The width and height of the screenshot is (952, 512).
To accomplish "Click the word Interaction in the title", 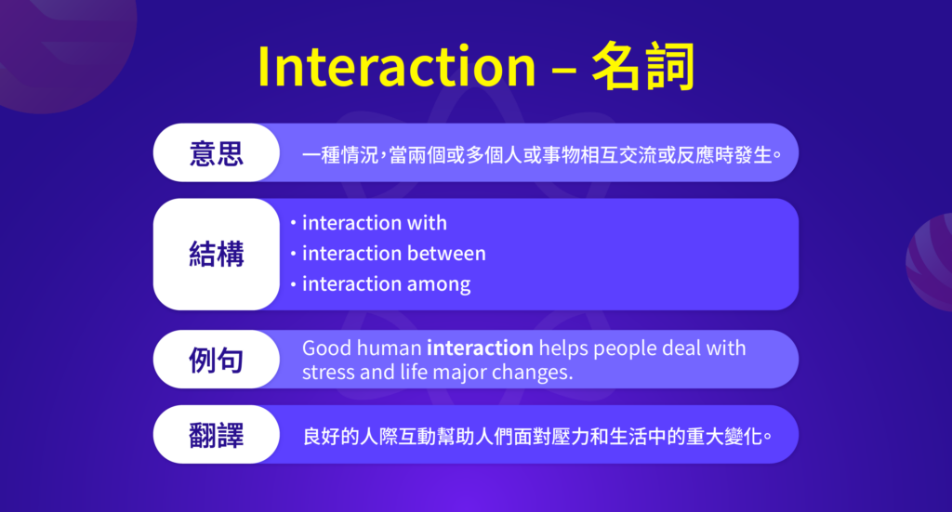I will (x=396, y=67).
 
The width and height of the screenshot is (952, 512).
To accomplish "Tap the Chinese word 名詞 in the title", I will (x=642, y=67).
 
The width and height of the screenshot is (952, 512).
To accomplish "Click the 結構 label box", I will (x=216, y=254).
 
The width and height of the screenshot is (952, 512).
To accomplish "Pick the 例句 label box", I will (x=216, y=360).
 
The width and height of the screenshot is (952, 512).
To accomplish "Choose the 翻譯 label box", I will (x=216, y=435).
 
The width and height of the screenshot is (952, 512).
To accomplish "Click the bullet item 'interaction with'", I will (x=374, y=223).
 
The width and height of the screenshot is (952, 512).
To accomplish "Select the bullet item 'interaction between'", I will (x=393, y=253).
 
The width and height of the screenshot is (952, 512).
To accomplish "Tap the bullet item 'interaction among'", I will (x=386, y=283).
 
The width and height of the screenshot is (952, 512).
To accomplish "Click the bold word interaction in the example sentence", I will (x=480, y=348).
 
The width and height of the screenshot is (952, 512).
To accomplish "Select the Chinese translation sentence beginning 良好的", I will (x=538, y=435).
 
